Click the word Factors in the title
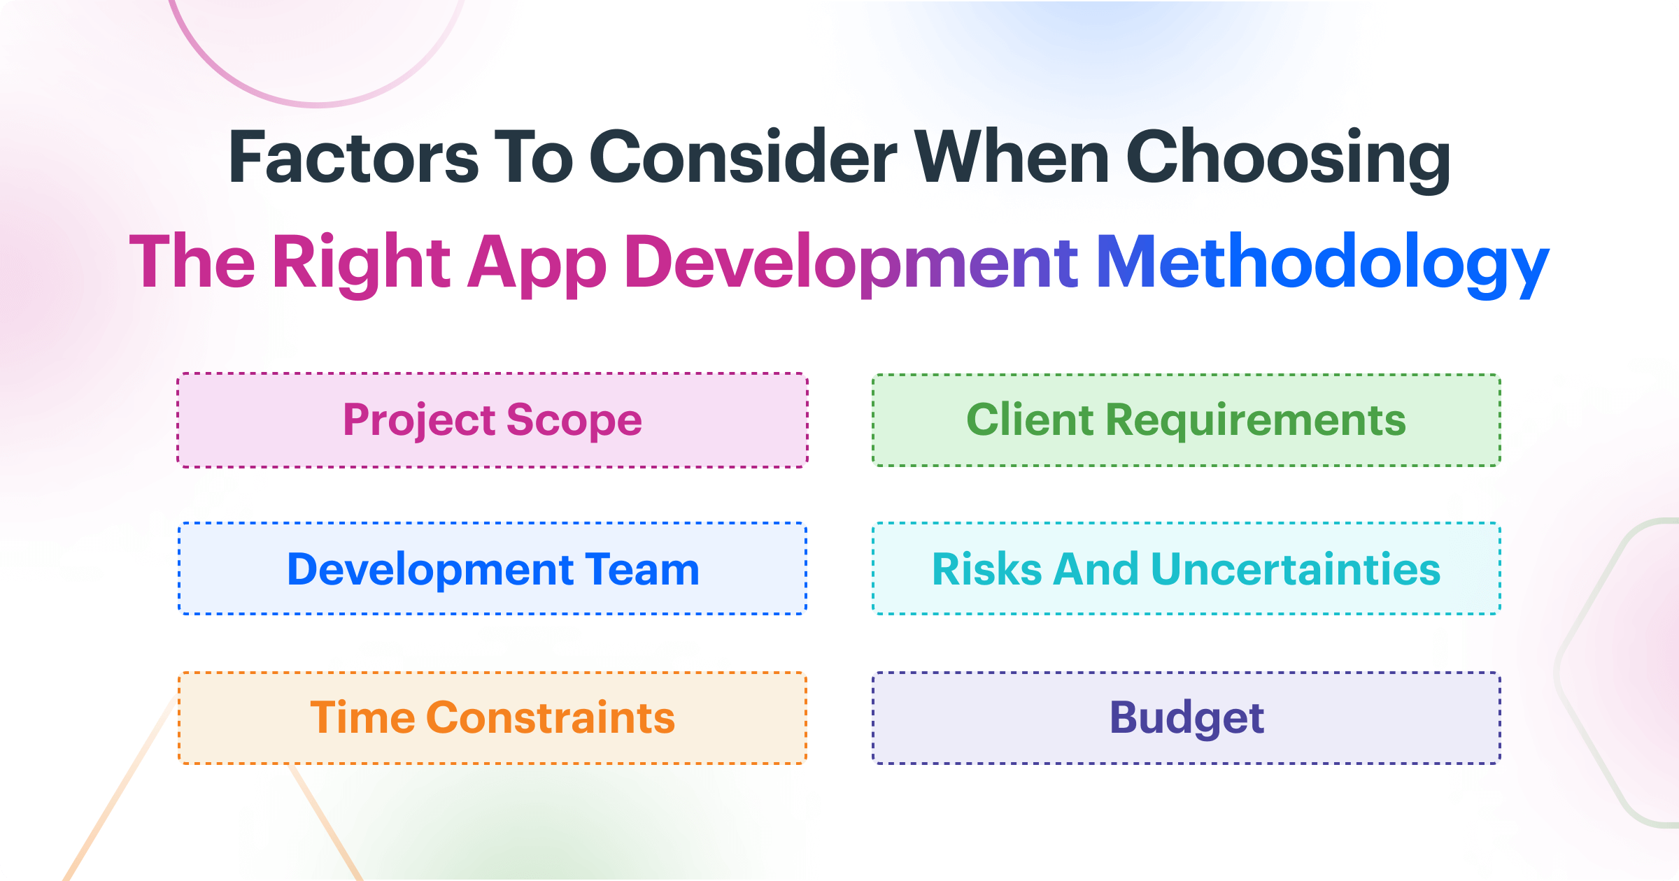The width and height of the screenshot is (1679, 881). pos(353,158)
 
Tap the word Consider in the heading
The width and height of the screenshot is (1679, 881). pos(743,158)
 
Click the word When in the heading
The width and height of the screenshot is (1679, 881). pos(1012,158)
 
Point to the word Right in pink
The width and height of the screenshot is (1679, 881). pos(361,263)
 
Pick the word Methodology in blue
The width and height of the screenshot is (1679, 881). pos(1322,263)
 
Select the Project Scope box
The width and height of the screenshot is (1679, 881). pos(493,420)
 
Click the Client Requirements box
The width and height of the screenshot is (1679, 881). pos(1186,420)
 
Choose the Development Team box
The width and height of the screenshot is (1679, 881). pos(493,568)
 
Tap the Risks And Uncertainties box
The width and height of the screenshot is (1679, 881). pos(1186,568)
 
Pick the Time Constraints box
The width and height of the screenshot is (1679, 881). pos(493,718)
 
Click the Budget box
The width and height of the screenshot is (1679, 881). pos(1186,718)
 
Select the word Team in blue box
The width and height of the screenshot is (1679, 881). pos(642,569)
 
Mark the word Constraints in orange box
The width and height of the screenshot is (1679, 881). pos(550,718)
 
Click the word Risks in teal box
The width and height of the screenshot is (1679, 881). pos(987,569)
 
